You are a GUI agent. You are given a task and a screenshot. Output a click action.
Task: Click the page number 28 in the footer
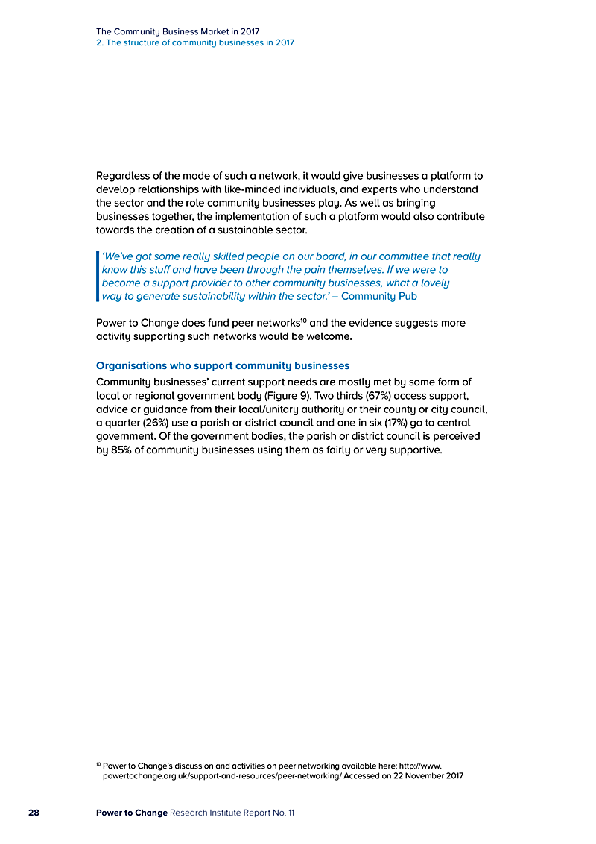click(x=34, y=812)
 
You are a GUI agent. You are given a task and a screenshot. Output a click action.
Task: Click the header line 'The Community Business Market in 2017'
click(x=177, y=31)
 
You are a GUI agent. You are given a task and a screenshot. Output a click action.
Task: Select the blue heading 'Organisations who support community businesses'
click(x=223, y=365)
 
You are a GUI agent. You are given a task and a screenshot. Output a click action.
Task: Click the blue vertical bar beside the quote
click(x=98, y=276)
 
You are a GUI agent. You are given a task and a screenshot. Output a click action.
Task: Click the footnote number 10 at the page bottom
click(x=98, y=764)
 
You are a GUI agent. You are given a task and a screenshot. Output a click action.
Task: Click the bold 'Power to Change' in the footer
click(x=132, y=812)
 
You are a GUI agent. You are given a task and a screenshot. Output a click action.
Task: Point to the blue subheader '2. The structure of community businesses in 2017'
click(x=195, y=42)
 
